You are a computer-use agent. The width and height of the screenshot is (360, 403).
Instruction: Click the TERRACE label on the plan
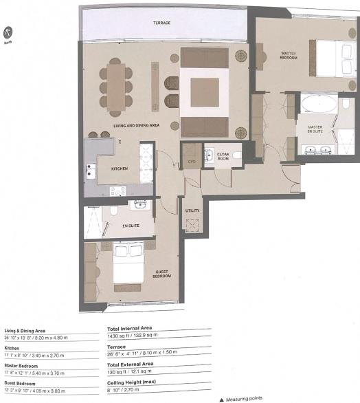[x=161, y=23]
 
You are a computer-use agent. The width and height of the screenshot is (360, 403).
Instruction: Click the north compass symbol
[x=9, y=32]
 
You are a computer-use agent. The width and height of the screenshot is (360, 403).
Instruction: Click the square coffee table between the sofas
[x=204, y=92]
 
